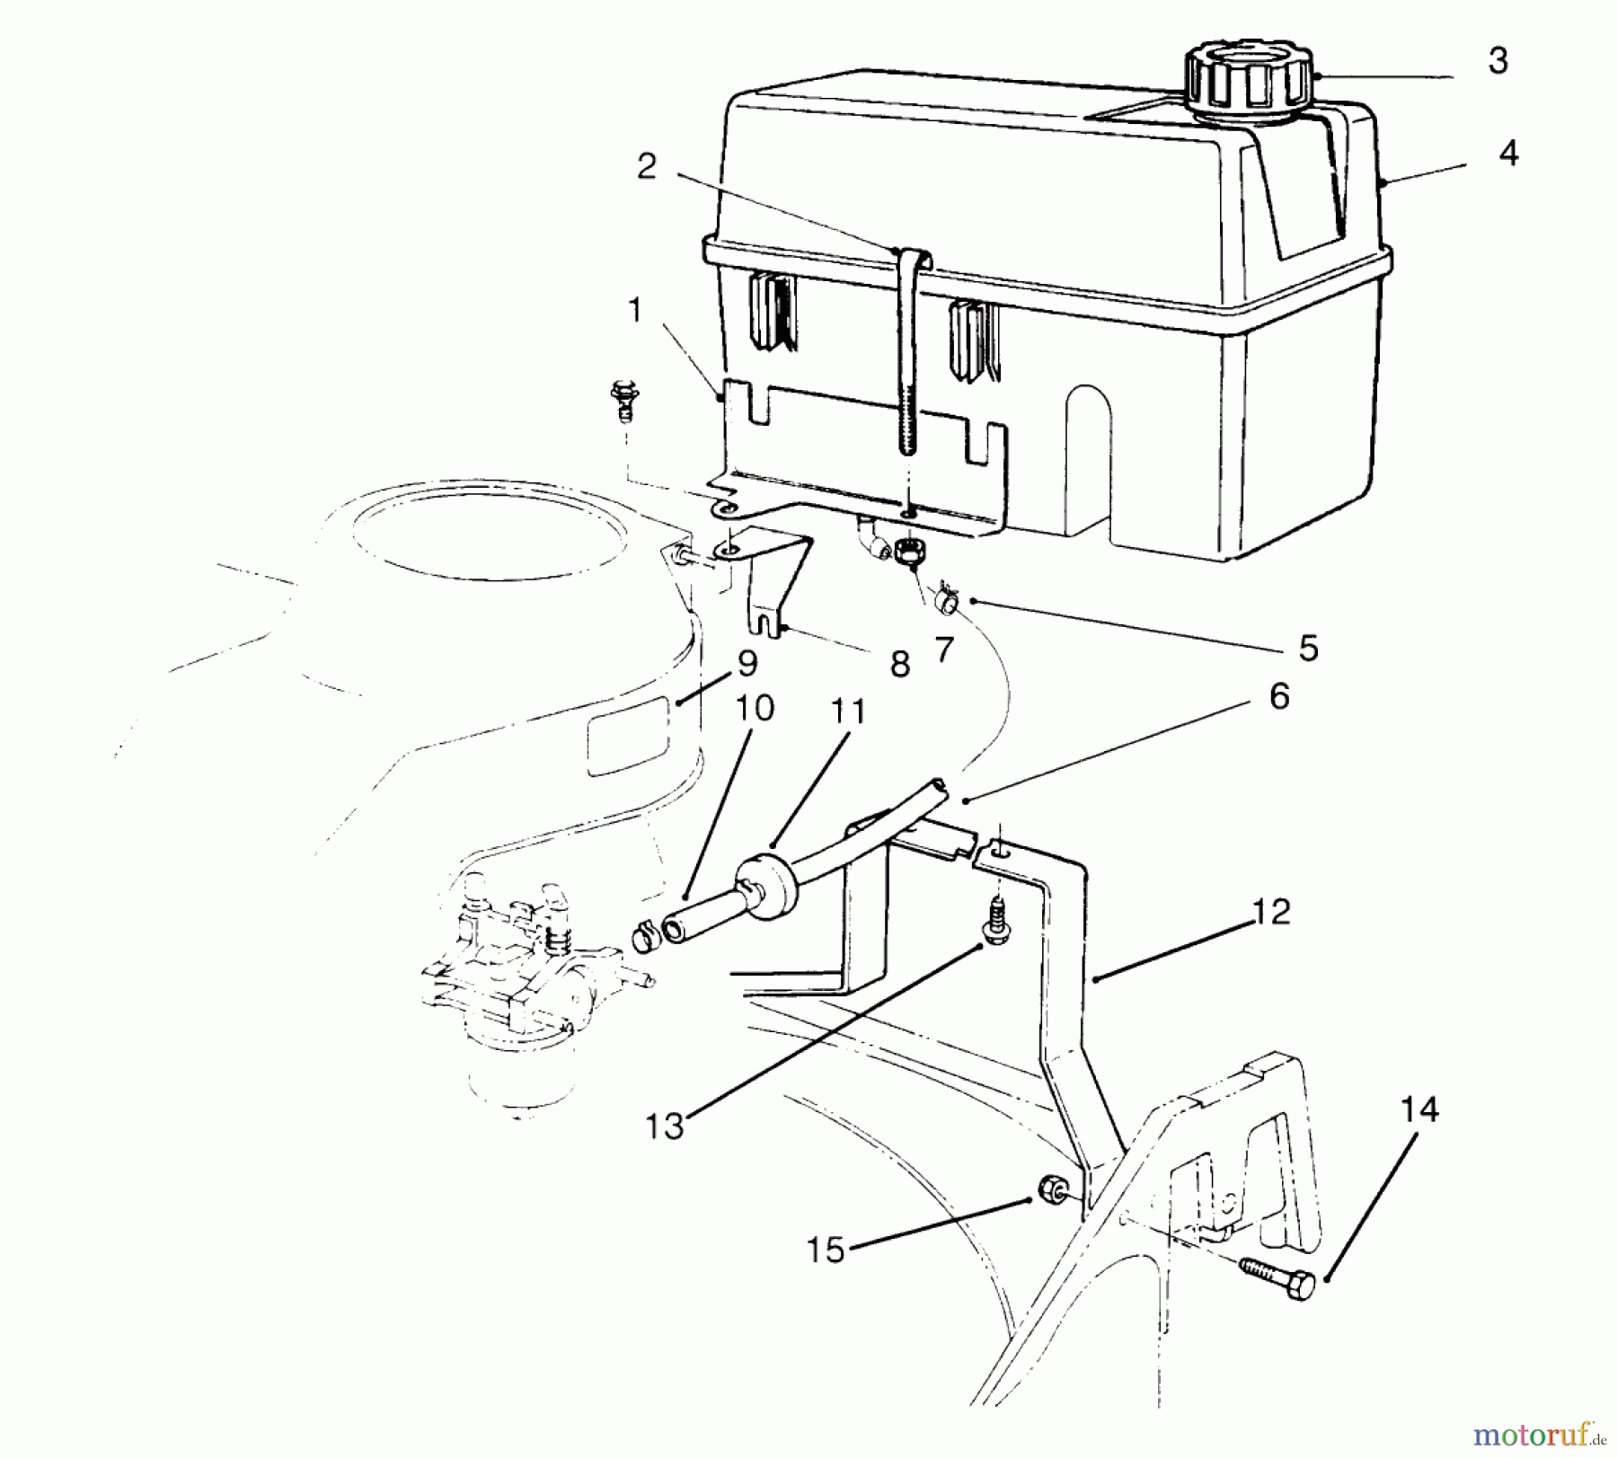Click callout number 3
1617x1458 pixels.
point(1497,61)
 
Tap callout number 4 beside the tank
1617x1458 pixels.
point(1508,154)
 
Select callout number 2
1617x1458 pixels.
point(647,166)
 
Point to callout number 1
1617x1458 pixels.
point(635,311)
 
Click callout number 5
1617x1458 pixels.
point(1308,648)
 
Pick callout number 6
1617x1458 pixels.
point(1279,696)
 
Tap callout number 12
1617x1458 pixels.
point(1270,912)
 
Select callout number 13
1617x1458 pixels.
point(665,1126)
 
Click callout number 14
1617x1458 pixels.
point(1419,1109)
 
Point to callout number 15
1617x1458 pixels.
point(826,1250)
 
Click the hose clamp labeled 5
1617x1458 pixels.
point(944,597)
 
